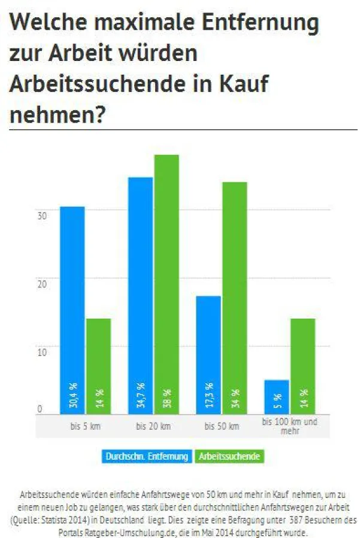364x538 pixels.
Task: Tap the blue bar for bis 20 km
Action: point(140,295)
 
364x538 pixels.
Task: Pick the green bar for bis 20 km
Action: point(166,284)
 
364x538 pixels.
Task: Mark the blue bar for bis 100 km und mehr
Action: point(277,396)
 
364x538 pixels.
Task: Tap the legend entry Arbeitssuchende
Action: point(229,456)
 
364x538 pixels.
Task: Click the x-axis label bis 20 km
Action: point(153,427)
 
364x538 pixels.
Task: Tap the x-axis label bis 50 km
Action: point(222,427)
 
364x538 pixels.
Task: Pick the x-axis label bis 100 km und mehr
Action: point(290,426)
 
